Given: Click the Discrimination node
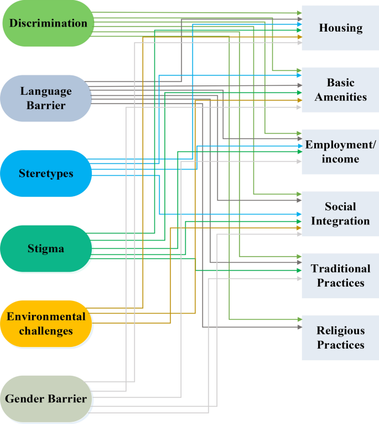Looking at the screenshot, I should [49, 23].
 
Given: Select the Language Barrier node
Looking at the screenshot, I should [45, 98].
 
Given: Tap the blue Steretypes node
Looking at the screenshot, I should [45, 173].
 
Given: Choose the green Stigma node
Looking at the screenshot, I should [45, 249].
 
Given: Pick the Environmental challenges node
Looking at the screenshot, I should [45, 324].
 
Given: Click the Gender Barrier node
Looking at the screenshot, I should [45, 399].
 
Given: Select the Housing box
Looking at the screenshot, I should [340, 28].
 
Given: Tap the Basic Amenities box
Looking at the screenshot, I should [340, 90].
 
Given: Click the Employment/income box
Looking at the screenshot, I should [340, 152].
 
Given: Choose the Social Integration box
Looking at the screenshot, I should [340, 214].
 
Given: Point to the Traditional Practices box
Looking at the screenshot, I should [340, 275].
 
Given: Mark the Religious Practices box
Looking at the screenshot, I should [340, 338].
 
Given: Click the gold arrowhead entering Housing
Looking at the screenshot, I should [299, 37].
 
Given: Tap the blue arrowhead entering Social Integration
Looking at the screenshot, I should [299, 214].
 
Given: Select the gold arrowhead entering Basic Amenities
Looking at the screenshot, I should [299, 100].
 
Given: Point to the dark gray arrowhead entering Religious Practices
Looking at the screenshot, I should [299, 327].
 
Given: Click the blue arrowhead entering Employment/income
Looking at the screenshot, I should [299, 146].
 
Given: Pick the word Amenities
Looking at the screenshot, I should [340, 97].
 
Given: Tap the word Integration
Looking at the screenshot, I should [340, 221].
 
